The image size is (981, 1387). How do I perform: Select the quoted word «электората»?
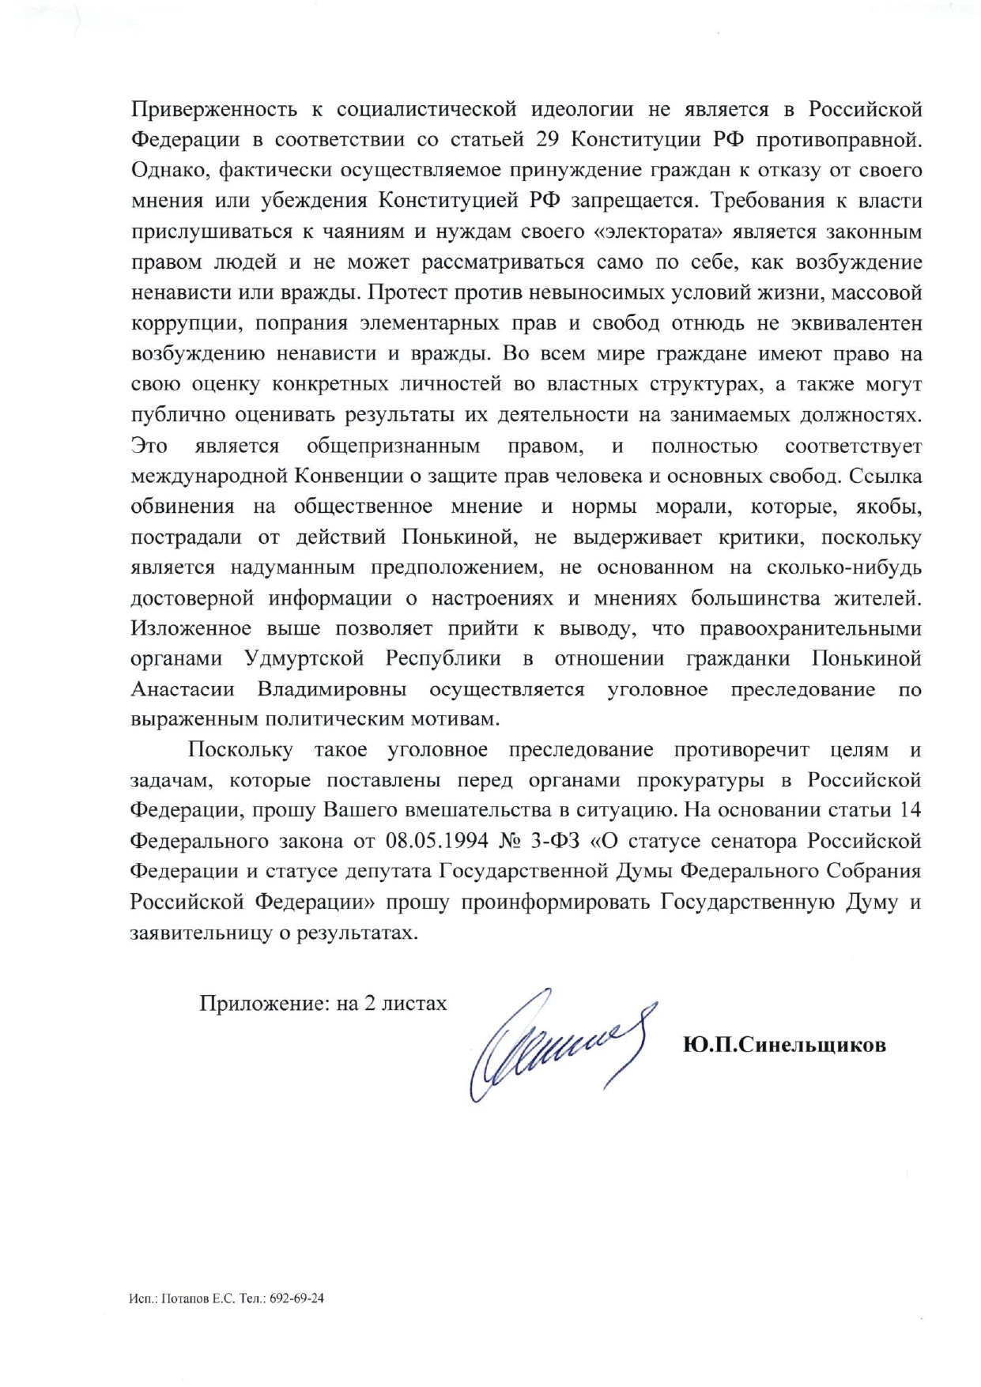tap(653, 232)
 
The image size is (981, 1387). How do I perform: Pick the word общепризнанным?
tap(394, 447)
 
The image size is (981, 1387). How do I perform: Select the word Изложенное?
tap(192, 629)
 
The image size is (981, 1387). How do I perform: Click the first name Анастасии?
tap(183, 690)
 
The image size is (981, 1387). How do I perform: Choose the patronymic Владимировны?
tap(332, 690)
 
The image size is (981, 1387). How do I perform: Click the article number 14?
tap(911, 811)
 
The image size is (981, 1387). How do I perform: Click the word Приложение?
tap(256, 1004)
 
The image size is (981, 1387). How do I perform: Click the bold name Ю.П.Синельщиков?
tap(784, 1045)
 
